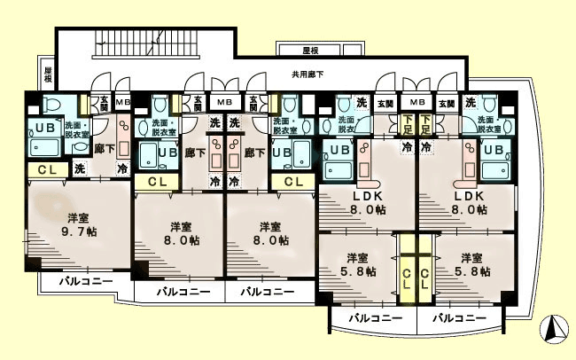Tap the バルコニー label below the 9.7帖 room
coord(86,282)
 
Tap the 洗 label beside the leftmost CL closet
coord(80,168)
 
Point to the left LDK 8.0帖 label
coord(366,203)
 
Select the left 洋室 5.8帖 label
coord(357,265)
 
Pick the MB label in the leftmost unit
coord(123,102)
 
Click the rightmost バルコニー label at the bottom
coord(460,317)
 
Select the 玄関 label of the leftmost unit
coord(103,102)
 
